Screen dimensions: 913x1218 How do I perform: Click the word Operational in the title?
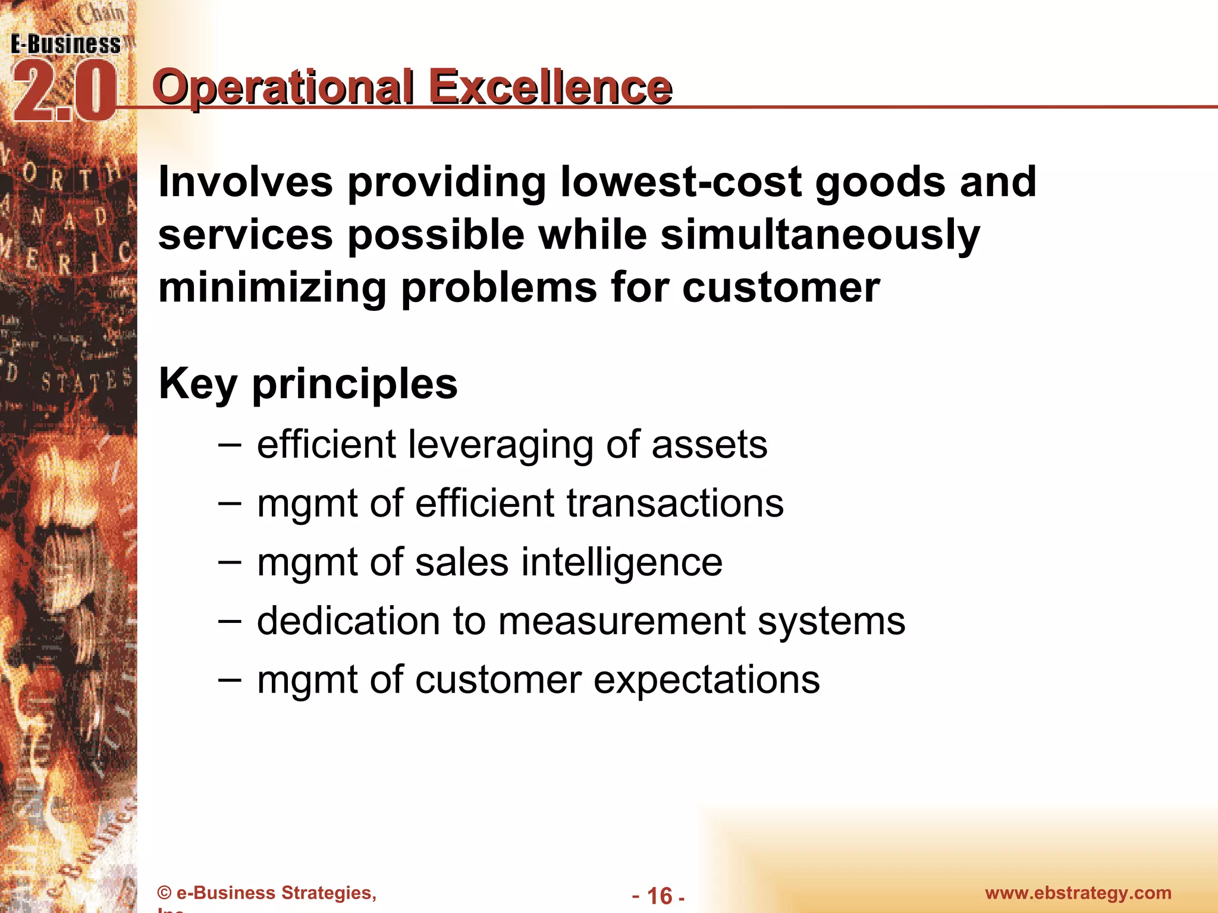tap(282, 87)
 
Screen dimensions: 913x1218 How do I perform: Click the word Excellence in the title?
tap(550, 87)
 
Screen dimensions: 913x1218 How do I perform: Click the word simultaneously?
tap(820, 235)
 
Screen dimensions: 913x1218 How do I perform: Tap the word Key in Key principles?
tap(198, 384)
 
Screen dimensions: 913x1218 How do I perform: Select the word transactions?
tap(674, 503)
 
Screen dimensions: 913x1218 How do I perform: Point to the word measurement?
tap(621, 621)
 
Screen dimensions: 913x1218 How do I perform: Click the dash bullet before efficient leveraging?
tap(230, 444)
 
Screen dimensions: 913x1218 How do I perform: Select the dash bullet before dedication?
tap(230, 621)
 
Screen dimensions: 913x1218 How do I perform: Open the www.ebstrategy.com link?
tap(1078, 893)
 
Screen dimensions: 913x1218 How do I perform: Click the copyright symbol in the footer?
tap(164, 893)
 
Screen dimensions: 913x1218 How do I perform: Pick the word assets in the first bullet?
tap(709, 445)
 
